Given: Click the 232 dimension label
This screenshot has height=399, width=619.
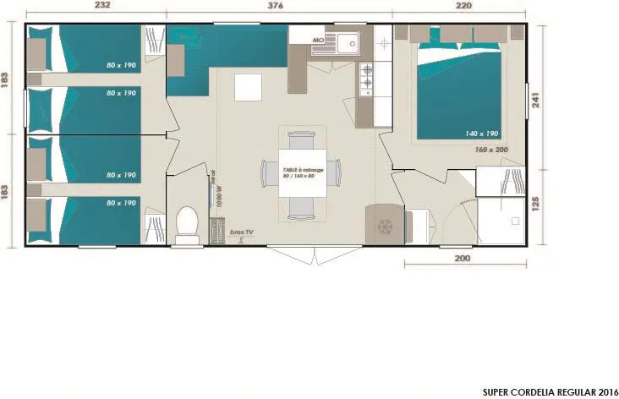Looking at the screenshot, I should tap(101, 6).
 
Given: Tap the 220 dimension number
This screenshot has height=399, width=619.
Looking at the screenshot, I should tap(464, 6).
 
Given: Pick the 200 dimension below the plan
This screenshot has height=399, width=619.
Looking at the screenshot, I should tap(462, 259).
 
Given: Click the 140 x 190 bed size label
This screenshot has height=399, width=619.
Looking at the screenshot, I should tap(481, 134).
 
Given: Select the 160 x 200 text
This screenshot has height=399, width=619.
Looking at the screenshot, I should tap(491, 150).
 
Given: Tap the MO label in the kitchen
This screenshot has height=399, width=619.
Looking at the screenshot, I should tap(319, 40).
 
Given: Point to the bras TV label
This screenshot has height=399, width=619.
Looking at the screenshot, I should tap(242, 232).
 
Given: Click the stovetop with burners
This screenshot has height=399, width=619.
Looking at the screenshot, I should tap(368, 79).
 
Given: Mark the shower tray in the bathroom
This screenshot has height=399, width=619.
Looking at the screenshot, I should tap(501, 221).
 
